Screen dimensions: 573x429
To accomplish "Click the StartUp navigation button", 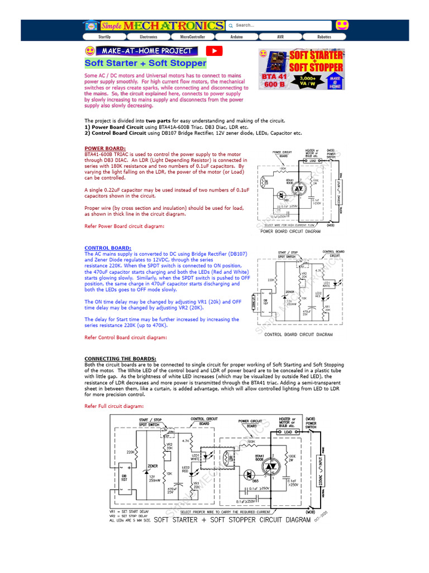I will click(x=104, y=36).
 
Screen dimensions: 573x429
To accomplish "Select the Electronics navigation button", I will click(x=148, y=36).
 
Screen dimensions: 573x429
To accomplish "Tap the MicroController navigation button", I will click(x=192, y=36).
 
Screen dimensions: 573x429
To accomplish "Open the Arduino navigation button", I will click(x=236, y=36).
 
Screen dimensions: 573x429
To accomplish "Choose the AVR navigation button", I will click(x=280, y=36).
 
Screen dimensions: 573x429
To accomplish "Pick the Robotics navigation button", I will click(x=324, y=36).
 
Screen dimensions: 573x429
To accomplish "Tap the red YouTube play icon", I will click(x=214, y=50).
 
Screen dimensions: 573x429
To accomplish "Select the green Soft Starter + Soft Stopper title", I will click(x=145, y=63).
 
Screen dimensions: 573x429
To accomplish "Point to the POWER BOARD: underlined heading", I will click(x=105, y=148).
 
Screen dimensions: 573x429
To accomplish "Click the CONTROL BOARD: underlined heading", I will click(x=108, y=248).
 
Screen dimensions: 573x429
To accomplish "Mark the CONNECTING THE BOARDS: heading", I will click(x=120, y=359).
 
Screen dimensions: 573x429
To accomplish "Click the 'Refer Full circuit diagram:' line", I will click(x=114, y=406).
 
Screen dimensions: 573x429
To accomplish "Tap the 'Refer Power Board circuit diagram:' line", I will click(x=125, y=226).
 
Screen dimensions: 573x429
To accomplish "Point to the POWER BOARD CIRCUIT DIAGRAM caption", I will click(x=290, y=231).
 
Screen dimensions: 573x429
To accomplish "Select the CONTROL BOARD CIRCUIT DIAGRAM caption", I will click(x=298, y=335).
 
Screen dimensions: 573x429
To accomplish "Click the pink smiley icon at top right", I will click(x=342, y=25).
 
